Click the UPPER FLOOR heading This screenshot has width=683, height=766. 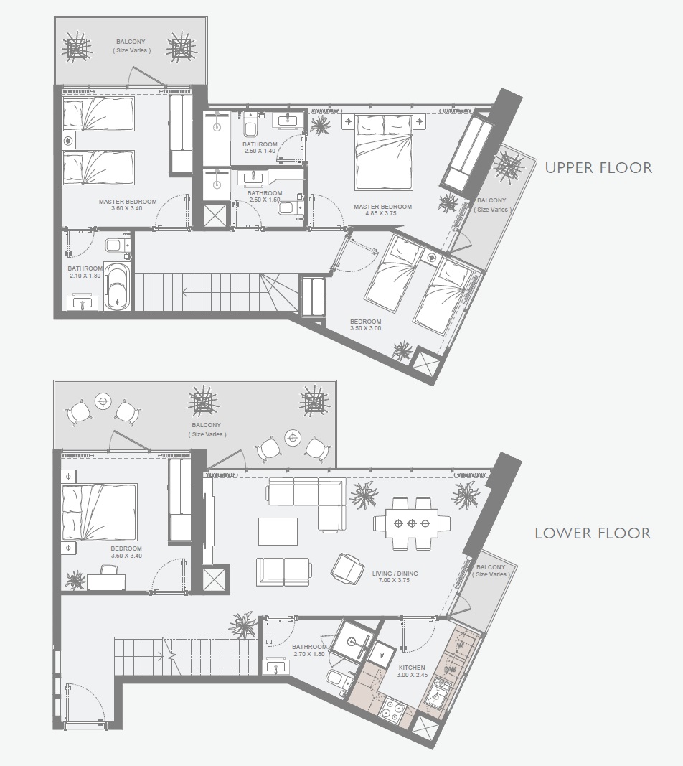598,168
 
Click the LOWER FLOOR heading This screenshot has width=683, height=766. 592,533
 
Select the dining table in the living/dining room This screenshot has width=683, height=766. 412,523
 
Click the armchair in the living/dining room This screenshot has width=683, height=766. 347,568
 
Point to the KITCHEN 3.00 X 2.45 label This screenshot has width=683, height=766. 412,672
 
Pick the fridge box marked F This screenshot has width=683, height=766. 381,654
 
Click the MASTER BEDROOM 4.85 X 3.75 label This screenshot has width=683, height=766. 382,210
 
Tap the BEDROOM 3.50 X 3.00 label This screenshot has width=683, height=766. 365,325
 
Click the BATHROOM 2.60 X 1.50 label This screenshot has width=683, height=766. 265,197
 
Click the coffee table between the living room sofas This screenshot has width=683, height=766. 278,532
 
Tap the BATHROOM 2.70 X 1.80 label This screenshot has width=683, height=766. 309,650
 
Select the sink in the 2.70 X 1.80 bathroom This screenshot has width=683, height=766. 277,667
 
